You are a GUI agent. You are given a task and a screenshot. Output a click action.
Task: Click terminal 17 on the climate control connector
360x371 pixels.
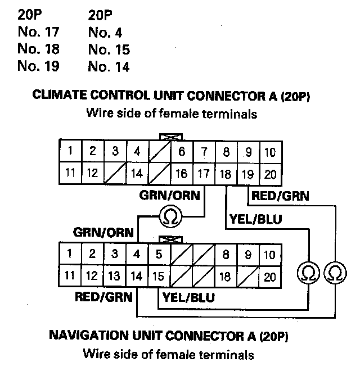[203, 174]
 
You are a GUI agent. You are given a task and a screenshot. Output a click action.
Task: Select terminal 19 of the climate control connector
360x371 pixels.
[247, 174]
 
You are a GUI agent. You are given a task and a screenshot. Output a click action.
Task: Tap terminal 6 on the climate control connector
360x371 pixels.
[181, 152]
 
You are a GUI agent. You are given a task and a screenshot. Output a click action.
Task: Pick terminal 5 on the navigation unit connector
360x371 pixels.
[159, 254]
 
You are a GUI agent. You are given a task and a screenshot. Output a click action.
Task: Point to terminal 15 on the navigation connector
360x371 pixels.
[159, 276]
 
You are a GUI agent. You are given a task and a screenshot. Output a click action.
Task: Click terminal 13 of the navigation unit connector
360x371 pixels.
[114, 276]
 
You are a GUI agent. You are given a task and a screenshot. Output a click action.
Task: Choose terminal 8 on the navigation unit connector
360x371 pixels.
[226, 254]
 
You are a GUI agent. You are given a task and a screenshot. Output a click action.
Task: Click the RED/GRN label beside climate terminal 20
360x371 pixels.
[280, 196]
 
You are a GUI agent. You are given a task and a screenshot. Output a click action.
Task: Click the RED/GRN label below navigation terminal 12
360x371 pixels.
[103, 296]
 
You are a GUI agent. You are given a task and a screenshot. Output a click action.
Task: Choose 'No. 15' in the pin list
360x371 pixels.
[109, 49]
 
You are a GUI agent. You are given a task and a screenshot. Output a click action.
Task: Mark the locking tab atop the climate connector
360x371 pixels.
[169, 137]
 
